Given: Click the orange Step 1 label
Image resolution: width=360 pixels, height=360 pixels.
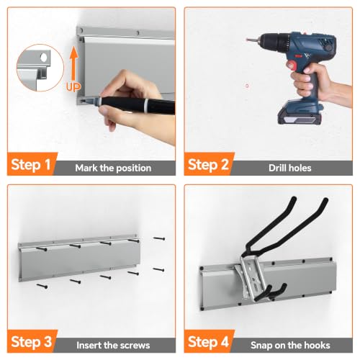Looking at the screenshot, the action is tap(31, 165).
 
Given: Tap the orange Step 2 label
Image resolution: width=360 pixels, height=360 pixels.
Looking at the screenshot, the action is tap(208, 165).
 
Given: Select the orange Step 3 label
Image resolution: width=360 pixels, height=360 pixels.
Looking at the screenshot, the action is tap(31, 342).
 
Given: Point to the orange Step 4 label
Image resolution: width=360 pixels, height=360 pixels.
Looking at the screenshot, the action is tap(208, 342).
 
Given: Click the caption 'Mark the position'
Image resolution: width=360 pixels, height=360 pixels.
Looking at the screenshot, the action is tap(113, 168).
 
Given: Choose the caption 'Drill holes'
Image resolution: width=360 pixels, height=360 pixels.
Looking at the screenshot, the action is tap(290, 168).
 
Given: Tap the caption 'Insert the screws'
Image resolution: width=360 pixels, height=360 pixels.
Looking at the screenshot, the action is tap(113, 345).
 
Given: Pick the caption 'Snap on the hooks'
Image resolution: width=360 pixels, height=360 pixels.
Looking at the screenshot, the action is tap(290, 345).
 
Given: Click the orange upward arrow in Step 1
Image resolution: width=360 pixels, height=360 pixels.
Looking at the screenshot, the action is tap(74, 63).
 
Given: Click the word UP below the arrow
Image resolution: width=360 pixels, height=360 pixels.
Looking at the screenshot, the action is tap(73, 86).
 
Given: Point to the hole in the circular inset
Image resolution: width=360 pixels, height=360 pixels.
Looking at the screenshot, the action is tap(44, 58).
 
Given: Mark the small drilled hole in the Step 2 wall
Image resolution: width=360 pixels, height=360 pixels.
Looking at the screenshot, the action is tap(247, 86).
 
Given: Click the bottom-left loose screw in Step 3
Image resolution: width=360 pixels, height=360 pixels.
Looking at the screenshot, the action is tap(42, 286).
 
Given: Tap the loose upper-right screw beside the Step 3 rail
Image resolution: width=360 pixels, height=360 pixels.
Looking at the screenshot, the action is tap(159, 238).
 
